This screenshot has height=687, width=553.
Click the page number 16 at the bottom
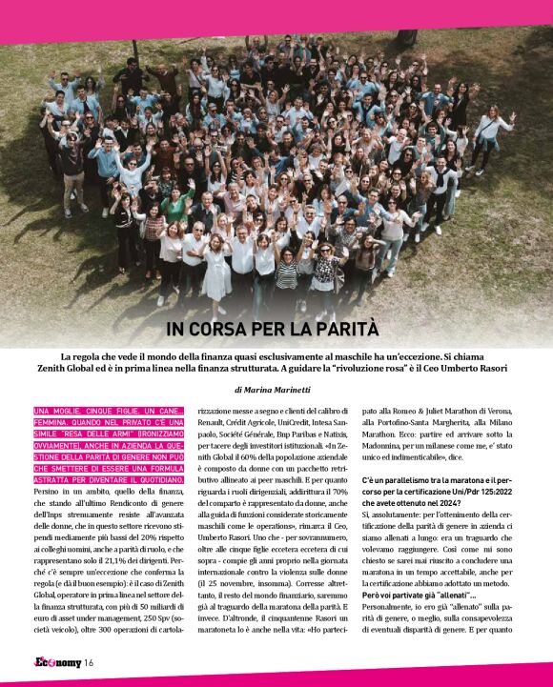(88, 664)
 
